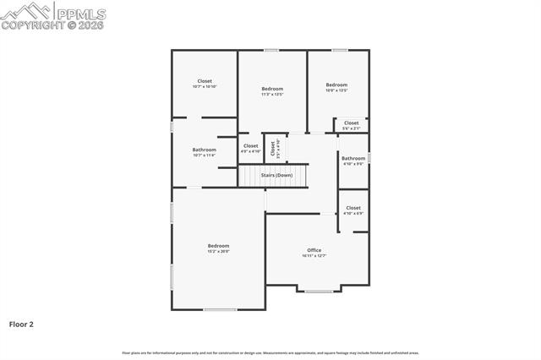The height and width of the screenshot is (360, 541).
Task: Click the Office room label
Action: [x=314, y=250]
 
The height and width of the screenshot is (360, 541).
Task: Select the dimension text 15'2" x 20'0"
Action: [x=218, y=251]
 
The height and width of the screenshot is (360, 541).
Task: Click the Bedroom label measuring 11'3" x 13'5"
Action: [x=272, y=89]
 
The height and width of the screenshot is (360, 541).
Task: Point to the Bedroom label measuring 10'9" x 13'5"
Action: [x=336, y=85]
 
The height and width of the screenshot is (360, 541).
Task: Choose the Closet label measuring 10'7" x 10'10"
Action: [x=205, y=81]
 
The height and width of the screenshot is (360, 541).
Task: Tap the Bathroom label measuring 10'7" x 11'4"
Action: [x=205, y=150]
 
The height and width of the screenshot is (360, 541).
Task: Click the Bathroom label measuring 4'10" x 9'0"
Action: [x=353, y=158]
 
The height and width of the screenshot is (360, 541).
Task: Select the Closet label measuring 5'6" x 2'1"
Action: [x=351, y=123]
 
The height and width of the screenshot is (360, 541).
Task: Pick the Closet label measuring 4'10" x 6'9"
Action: [x=353, y=208]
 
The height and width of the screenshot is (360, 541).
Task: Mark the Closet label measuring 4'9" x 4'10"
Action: [x=250, y=146]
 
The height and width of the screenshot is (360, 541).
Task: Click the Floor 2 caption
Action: [x=21, y=324]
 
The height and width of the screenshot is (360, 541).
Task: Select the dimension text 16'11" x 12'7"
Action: [x=314, y=256]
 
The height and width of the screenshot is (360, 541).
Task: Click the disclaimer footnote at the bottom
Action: [x=270, y=352]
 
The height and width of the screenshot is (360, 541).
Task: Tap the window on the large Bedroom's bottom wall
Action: [x=220, y=309]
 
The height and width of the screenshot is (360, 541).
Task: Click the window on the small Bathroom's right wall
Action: [x=369, y=157]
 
